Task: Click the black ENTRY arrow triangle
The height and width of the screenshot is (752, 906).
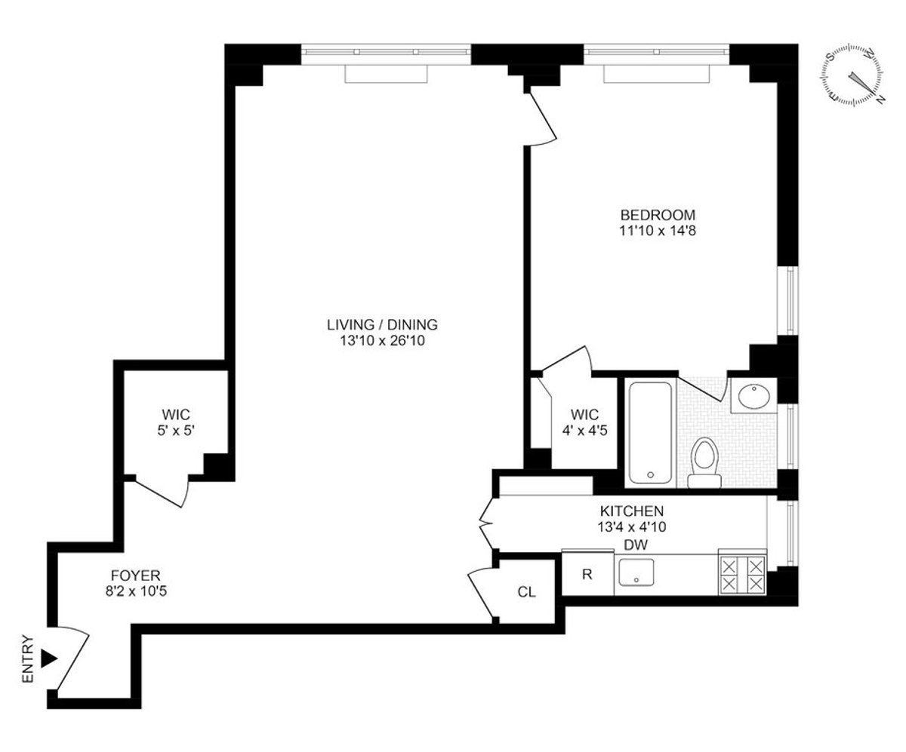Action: pos(49,658)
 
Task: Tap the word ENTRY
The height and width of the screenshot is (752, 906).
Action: pos(29,658)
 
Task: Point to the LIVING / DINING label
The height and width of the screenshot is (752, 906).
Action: pos(382,325)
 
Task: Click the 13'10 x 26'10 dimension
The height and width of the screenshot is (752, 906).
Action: pos(382,341)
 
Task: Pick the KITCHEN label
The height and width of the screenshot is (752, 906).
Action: pos(632,511)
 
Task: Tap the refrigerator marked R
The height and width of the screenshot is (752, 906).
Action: pos(587,574)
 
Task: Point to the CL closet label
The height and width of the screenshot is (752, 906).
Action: pos(526,592)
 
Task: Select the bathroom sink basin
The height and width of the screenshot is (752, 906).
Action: pos(752,396)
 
